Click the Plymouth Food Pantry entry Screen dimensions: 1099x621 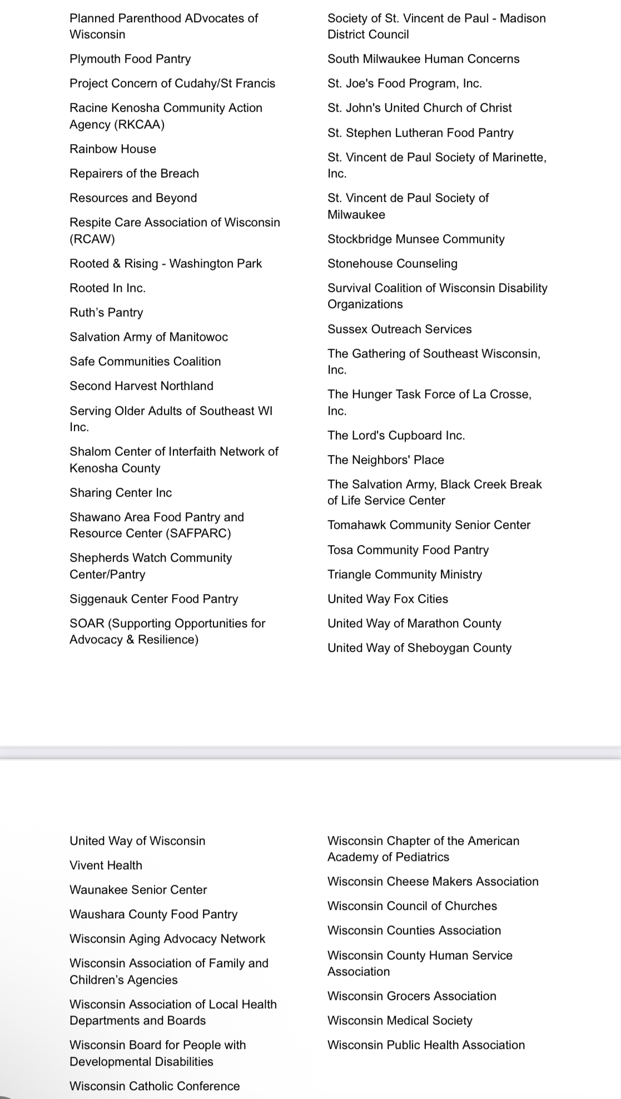(130, 59)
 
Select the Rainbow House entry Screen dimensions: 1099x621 (113, 149)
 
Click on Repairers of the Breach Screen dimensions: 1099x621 (134, 174)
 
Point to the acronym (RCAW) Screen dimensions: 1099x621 (92, 239)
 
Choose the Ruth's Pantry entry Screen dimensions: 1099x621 (106, 313)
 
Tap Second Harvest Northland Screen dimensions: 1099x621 (141, 386)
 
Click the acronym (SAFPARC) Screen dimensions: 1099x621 (198, 533)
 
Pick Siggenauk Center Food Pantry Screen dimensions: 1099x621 (153, 599)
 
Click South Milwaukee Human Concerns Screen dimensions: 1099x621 (423, 59)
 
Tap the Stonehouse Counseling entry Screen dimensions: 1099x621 (392, 264)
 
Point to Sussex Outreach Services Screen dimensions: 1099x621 (399, 329)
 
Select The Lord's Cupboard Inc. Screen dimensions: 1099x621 (396, 435)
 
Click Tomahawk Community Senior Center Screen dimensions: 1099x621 (429, 525)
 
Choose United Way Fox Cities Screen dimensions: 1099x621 (387, 599)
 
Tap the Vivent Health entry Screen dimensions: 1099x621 (106, 865)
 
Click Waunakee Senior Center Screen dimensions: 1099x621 (138, 890)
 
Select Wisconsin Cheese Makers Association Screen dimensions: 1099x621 (433, 882)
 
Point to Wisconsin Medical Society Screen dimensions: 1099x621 (400, 1021)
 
